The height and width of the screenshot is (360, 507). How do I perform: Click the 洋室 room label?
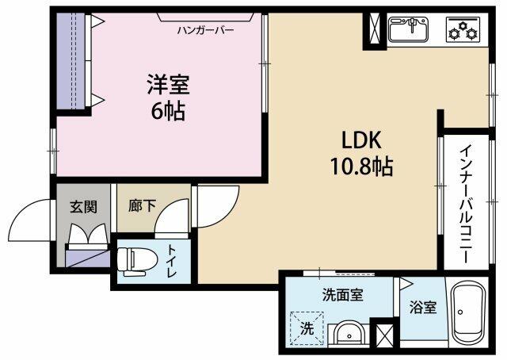(x=168, y=84)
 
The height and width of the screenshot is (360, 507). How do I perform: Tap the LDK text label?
(x=361, y=140)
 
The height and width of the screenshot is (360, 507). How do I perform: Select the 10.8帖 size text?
(x=361, y=166)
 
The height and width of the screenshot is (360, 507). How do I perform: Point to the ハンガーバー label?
(x=205, y=31)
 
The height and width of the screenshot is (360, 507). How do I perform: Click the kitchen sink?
(x=409, y=29)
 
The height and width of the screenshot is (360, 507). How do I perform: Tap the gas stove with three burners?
(x=463, y=29)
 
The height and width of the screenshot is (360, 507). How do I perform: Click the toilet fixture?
(x=136, y=262)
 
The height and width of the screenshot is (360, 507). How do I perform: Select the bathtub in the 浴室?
(x=468, y=314)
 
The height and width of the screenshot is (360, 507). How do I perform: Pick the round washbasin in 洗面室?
(x=349, y=334)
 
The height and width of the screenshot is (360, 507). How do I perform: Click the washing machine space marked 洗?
(x=307, y=328)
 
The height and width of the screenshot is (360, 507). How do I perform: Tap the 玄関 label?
(x=84, y=206)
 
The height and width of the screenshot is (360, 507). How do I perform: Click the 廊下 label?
(x=142, y=205)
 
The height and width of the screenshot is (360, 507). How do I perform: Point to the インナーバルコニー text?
(x=466, y=204)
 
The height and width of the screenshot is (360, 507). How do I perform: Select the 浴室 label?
(x=423, y=307)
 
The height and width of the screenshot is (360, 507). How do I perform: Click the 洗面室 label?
(x=342, y=295)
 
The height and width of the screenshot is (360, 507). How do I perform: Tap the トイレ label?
(x=171, y=261)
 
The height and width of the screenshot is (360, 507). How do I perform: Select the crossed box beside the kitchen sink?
(x=375, y=29)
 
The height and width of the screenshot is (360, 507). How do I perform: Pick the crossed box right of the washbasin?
(x=385, y=335)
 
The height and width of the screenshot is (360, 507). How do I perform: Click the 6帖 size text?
(x=168, y=111)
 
